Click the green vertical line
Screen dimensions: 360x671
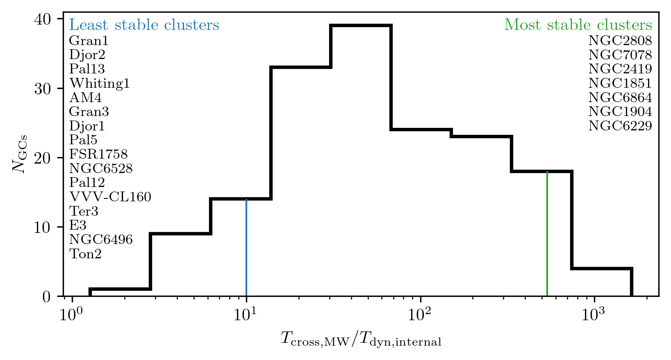tap(547, 234)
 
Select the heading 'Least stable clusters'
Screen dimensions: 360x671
tap(144, 25)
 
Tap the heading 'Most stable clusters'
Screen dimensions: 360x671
tap(578, 25)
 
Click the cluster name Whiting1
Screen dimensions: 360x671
tap(100, 84)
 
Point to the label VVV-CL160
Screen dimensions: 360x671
tap(110, 197)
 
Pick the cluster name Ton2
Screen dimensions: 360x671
tap(85, 254)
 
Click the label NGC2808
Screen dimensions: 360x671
tap(620, 41)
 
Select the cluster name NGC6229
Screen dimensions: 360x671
tap(620, 126)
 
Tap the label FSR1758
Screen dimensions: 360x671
tap(98, 155)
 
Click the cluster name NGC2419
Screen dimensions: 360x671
tap(620, 69)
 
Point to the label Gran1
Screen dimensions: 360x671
tap(89, 41)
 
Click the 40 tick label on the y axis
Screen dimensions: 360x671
tap(42, 19)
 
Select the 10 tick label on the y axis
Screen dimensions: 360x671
tap(42, 227)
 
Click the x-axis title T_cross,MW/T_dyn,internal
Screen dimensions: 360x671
tap(361, 339)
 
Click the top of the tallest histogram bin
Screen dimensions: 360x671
tap(361, 25)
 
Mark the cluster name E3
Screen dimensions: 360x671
tap(78, 226)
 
